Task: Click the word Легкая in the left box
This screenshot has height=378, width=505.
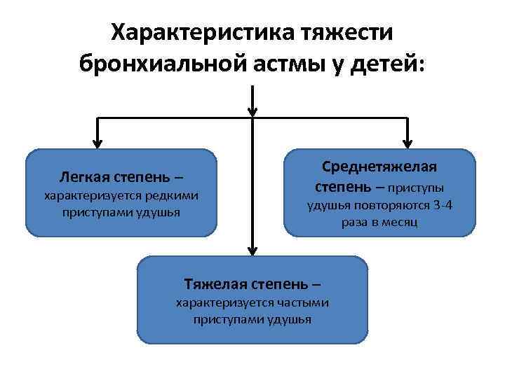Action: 87,175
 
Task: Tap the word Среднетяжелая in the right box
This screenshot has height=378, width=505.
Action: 379,167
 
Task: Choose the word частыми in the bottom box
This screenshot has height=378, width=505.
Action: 301,302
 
